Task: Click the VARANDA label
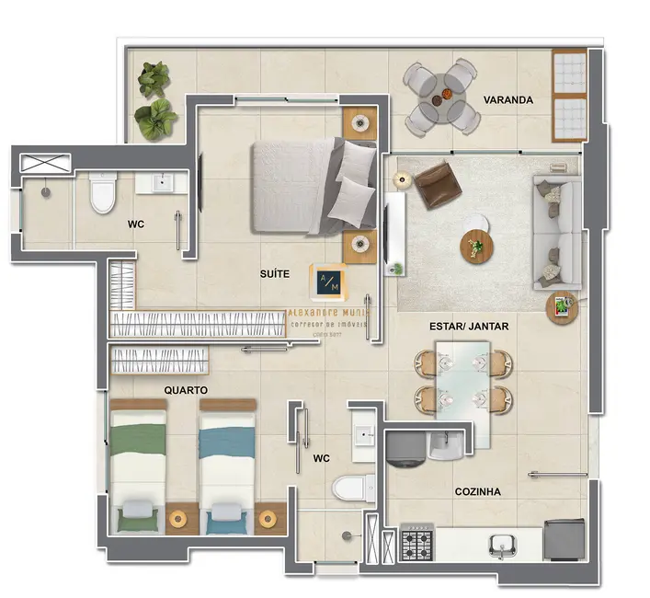pyautogui.click(x=508, y=100)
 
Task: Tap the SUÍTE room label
pyautogui.click(x=275, y=273)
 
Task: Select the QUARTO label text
pyautogui.click(x=186, y=390)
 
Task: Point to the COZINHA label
pyautogui.click(x=478, y=492)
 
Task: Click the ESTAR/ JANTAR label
pyautogui.click(x=469, y=327)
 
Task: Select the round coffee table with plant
pyautogui.click(x=477, y=247)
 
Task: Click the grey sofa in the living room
pyautogui.click(x=557, y=229)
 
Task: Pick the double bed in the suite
pyautogui.click(x=313, y=186)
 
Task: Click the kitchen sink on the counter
pyautogui.click(x=502, y=545)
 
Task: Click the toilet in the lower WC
pyautogui.click(x=352, y=487)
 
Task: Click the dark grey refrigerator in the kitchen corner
pyautogui.click(x=563, y=540)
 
